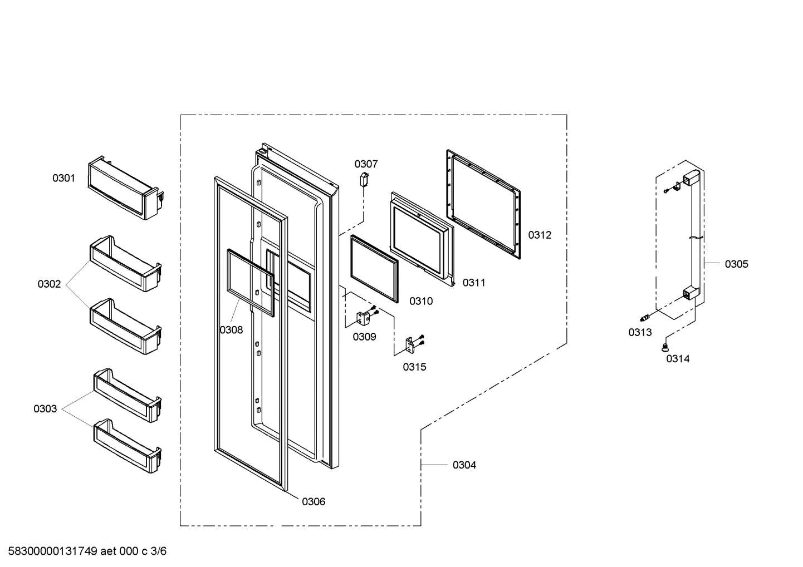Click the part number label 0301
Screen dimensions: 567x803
pyautogui.click(x=63, y=178)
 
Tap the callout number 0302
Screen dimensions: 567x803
pyautogui.click(x=49, y=284)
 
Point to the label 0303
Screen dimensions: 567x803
pyautogui.click(x=45, y=409)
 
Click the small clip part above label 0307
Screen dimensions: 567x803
pyautogui.click(x=365, y=179)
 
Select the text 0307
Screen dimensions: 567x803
pyautogui.click(x=366, y=164)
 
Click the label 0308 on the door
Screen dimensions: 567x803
pyautogui.click(x=231, y=330)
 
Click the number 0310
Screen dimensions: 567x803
pyautogui.click(x=421, y=301)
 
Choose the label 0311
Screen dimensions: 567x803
pyautogui.click(x=474, y=283)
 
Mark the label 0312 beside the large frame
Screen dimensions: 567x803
pyautogui.click(x=540, y=235)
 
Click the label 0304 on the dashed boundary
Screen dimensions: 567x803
pyautogui.click(x=464, y=465)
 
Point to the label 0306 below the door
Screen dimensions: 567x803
pyautogui.click(x=314, y=501)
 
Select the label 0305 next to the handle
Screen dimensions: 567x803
pyautogui.click(x=736, y=264)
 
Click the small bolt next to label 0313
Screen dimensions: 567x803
pyautogui.click(x=645, y=318)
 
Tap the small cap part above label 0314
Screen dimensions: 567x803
pyautogui.click(x=664, y=347)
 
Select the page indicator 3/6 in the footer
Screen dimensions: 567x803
pyautogui.click(x=159, y=551)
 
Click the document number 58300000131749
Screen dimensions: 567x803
pyautogui.click(x=53, y=551)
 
